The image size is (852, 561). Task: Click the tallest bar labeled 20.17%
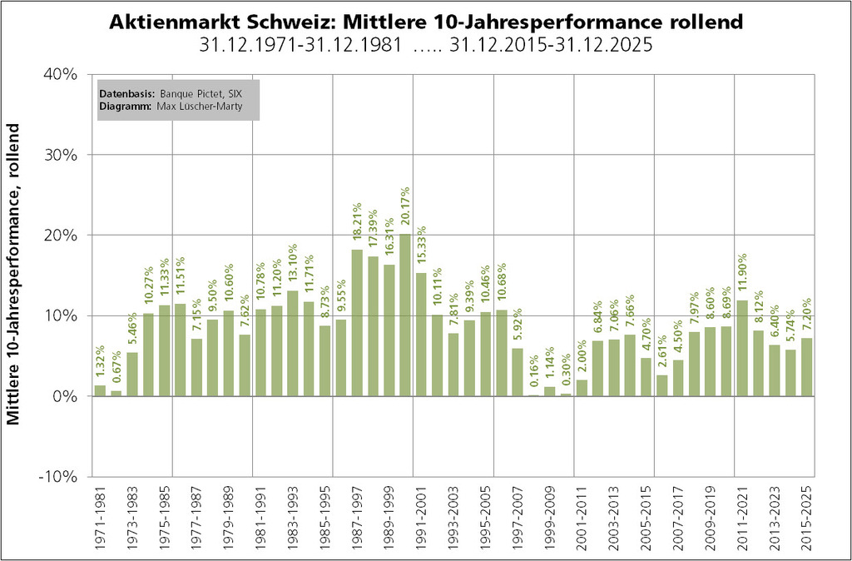click(x=405, y=315)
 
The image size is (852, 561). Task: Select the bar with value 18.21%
click(x=357, y=323)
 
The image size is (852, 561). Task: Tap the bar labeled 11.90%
click(x=742, y=348)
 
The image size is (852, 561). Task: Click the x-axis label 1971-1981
click(x=100, y=516)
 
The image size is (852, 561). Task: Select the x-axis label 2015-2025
click(x=806, y=516)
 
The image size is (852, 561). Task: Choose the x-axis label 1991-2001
click(x=421, y=516)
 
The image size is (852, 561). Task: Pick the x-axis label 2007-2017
click(x=678, y=516)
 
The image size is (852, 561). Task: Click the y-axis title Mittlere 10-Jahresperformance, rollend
click(x=15, y=275)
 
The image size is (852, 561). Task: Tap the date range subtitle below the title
click(x=426, y=45)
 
